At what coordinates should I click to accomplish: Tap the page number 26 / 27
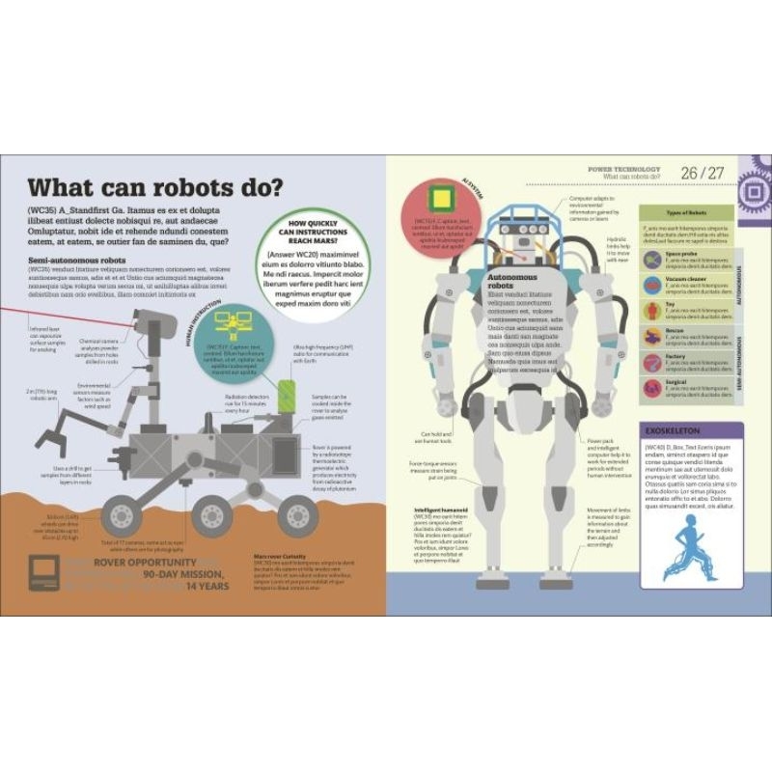pyautogui.click(x=701, y=173)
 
